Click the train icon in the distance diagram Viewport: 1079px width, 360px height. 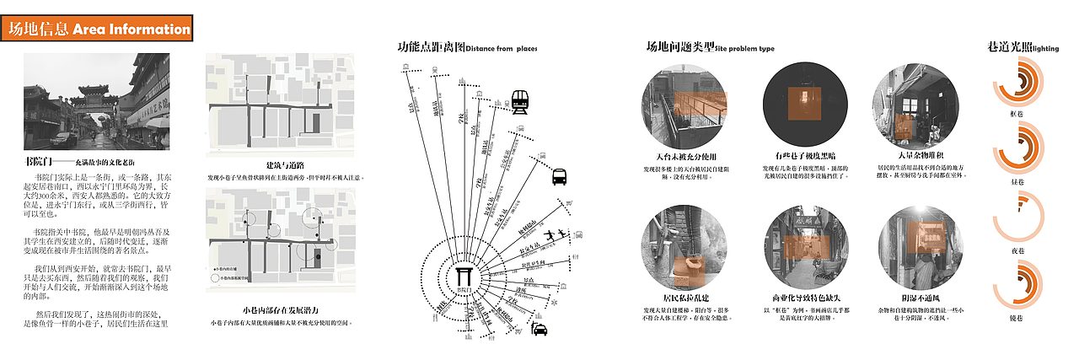coord(521,102)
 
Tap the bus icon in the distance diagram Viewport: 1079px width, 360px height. coord(560,177)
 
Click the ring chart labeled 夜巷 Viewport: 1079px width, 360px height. coord(1017,221)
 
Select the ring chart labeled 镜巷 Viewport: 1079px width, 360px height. coord(1017,287)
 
